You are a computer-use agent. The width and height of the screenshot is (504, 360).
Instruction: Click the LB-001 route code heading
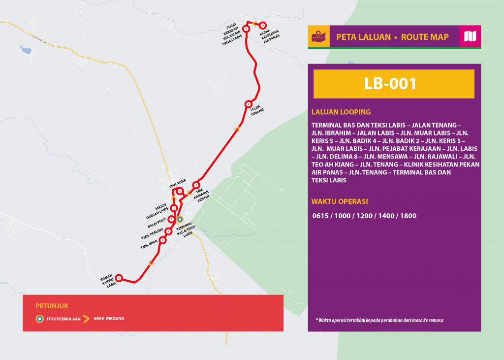(390, 84)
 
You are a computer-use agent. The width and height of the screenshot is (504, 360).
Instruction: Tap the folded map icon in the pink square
(470, 36)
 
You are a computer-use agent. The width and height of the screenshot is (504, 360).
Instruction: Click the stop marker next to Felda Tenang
(249, 104)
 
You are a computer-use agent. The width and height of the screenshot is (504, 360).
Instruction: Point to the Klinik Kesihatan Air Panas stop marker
(263, 25)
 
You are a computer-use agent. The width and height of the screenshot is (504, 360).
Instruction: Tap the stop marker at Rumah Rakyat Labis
(119, 278)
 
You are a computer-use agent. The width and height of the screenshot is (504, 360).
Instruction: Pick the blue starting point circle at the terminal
(180, 219)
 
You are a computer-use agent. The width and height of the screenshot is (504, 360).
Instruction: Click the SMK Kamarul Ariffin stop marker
(196, 185)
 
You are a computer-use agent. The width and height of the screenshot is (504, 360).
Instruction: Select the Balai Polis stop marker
(171, 220)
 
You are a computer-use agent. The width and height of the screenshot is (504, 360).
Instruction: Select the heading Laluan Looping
(341, 112)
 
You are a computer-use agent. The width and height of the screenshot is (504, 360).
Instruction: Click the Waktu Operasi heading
(340, 201)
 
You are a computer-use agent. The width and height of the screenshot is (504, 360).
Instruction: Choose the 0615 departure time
(321, 216)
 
